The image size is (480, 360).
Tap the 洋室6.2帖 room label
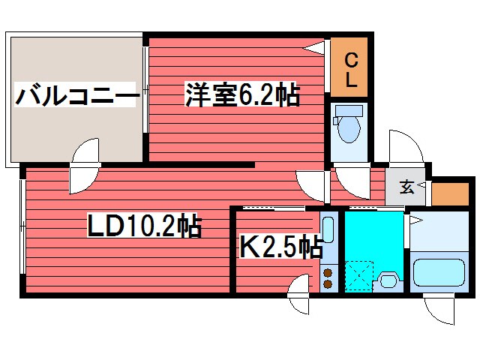(x=242, y=95)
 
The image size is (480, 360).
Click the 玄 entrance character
(x=406, y=187)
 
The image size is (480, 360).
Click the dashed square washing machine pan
(x=358, y=275)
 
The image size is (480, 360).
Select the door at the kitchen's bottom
(x=298, y=295)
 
